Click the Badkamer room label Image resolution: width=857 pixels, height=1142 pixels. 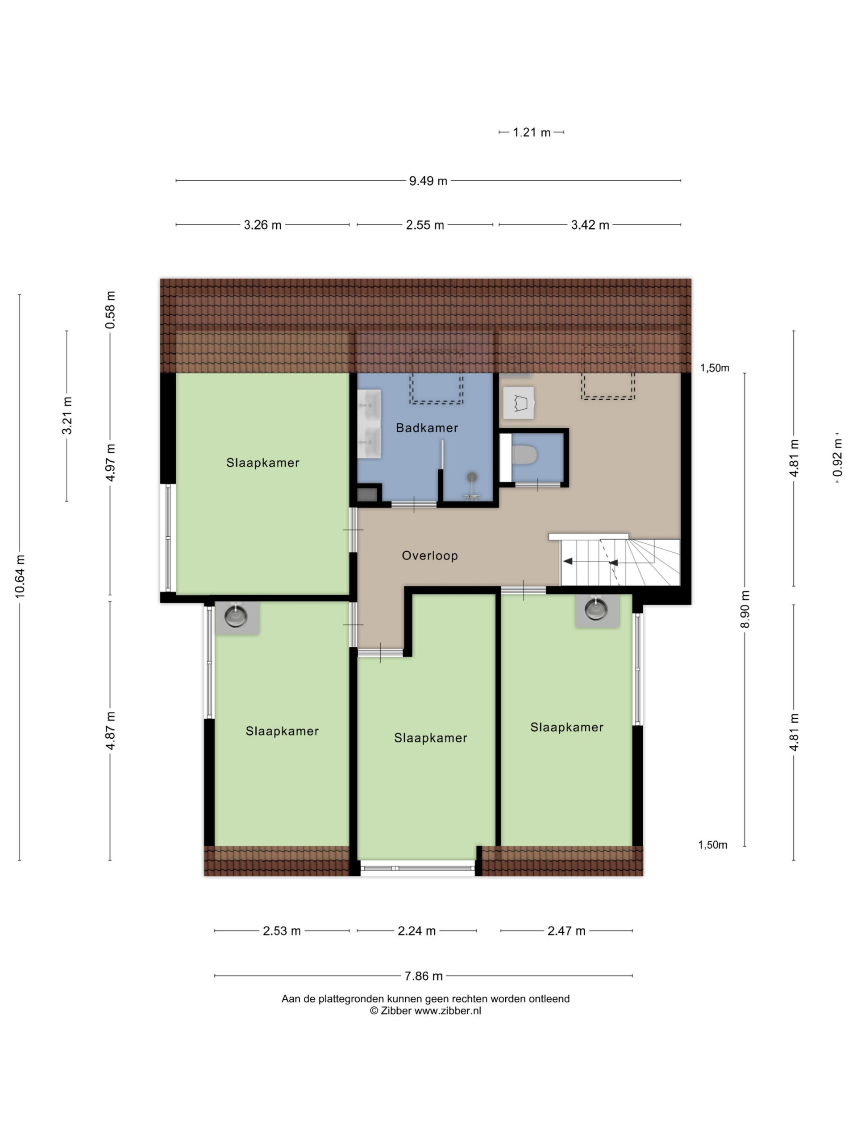coord(427,427)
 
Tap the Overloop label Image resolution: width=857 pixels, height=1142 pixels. coord(430,555)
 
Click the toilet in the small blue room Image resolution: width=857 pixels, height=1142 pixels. coord(525,455)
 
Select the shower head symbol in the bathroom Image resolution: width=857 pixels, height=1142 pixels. coord(472,478)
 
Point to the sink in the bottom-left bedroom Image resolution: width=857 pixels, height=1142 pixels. coord(236,617)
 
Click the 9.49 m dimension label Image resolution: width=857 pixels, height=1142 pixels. coord(428,181)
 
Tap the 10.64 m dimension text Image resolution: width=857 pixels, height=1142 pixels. coord(20,577)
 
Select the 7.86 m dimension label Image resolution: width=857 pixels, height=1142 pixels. coord(423,976)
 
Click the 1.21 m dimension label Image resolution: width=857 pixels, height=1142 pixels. coord(532,132)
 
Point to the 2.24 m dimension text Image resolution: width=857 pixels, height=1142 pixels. coord(416,931)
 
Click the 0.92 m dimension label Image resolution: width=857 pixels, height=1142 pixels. coord(837,457)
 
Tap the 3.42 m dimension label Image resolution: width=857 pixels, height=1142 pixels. coord(590,225)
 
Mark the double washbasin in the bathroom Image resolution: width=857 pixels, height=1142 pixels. coord(369,424)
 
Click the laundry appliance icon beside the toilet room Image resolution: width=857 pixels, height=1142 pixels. coord(518,403)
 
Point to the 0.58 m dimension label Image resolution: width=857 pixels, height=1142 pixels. coord(110,310)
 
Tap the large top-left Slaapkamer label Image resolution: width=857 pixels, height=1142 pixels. coord(262,463)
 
